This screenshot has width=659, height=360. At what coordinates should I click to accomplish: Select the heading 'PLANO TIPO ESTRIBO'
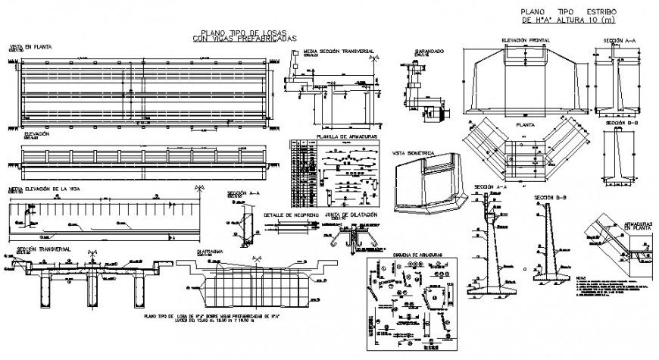click(x=569, y=12)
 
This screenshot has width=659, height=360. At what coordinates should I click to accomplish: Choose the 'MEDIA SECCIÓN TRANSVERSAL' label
click(x=336, y=52)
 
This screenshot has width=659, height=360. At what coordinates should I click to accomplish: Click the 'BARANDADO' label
click(x=429, y=52)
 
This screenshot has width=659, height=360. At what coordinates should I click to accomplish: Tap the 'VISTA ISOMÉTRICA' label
click(x=411, y=152)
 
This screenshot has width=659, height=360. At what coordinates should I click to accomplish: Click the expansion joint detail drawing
click(x=351, y=236)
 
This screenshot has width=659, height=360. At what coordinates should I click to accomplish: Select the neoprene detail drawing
click(x=289, y=227)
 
